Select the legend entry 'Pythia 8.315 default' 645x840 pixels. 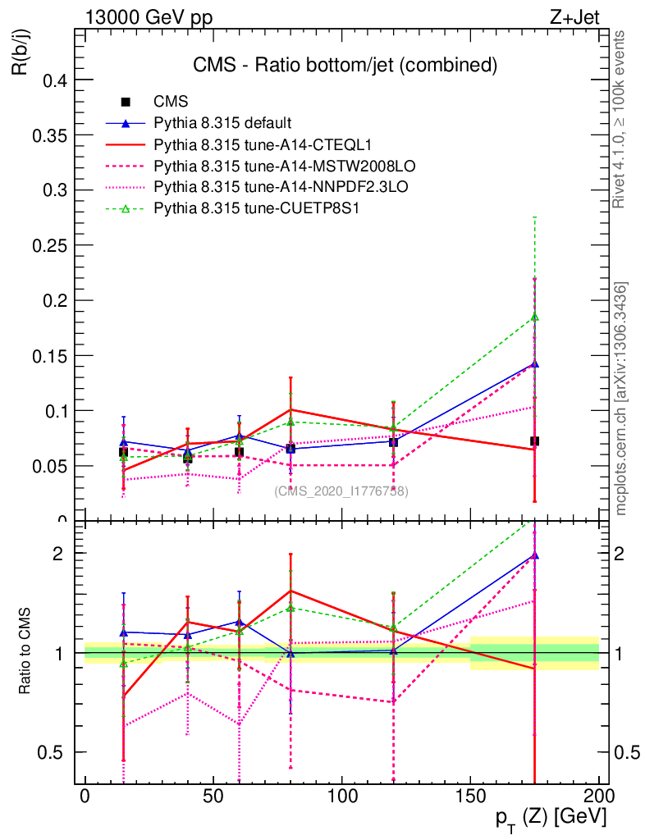222,123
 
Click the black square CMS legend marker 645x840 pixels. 126,102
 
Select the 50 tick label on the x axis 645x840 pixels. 213,796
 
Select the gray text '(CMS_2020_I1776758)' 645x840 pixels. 341,491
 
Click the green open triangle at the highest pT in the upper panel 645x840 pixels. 534,317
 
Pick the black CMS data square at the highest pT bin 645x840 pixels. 534,441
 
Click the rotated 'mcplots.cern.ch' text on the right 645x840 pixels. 621,398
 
